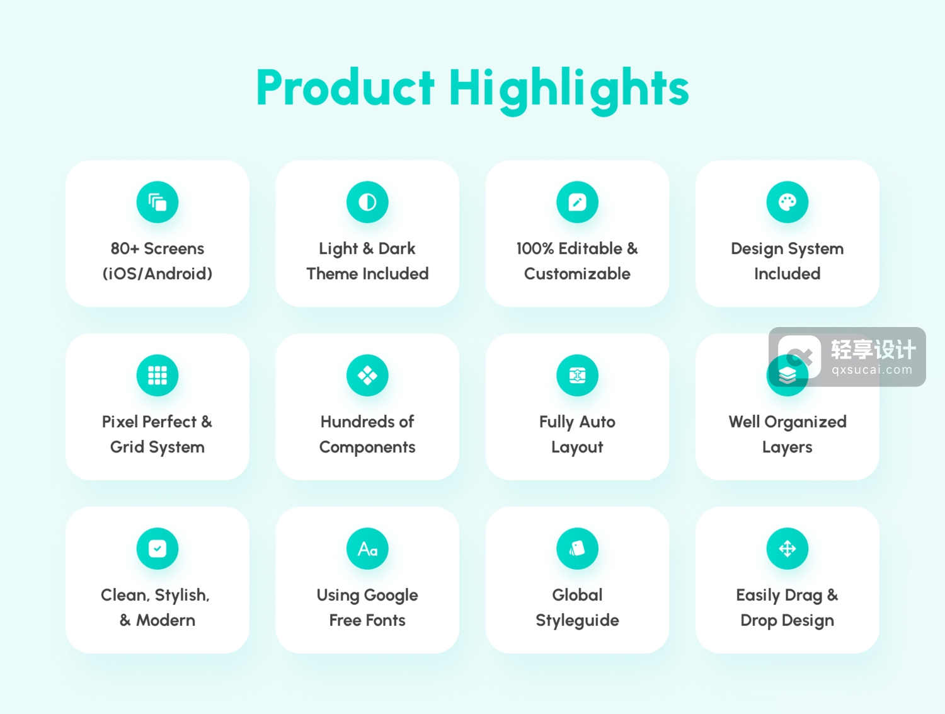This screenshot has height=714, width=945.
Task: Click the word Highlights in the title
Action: tap(569, 91)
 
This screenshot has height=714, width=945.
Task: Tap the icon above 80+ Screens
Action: tap(157, 202)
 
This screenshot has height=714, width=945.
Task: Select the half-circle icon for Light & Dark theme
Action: tap(367, 202)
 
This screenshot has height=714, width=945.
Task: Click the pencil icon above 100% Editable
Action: tap(577, 202)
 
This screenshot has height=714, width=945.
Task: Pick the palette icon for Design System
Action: tap(787, 202)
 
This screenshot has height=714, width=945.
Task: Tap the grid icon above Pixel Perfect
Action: tap(157, 375)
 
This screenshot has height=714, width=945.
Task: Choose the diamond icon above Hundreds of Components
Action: tap(367, 375)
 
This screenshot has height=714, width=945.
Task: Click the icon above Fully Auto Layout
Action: tap(577, 375)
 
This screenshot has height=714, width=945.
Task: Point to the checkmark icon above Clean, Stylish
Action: tap(157, 549)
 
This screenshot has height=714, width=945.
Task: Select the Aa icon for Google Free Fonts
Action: tap(367, 549)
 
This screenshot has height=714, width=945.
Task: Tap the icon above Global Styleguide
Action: tap(577, 549)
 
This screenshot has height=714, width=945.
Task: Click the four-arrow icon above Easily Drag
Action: tap(787, 549)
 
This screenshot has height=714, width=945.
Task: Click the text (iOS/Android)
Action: tap(157, 274)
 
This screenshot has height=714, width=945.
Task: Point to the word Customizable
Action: tap(577, 274)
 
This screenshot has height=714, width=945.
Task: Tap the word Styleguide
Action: tap(577, 621)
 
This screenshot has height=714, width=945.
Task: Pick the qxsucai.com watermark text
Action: tap(872, 370)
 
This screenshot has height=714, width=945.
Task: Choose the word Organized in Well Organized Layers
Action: tap(805, 422)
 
